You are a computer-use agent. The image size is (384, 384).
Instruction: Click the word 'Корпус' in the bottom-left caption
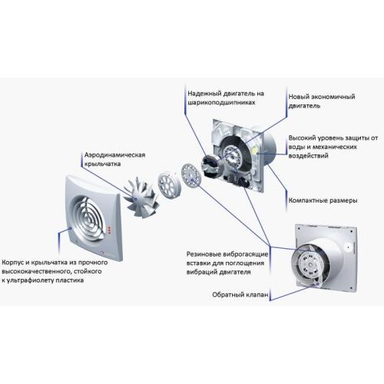coord(16,261)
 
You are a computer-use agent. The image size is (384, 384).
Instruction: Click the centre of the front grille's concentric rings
coord(85,217)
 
